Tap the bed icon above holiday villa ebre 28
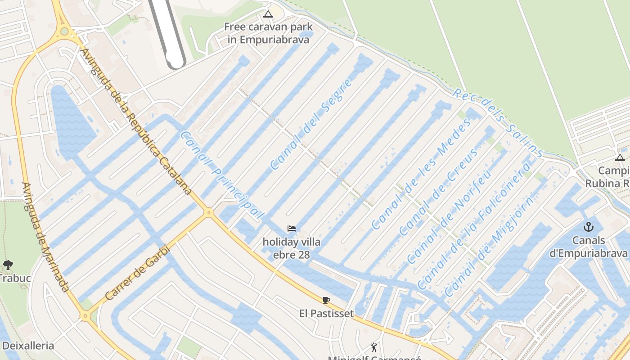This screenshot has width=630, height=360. tap(292, 229)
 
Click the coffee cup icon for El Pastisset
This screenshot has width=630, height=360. tap(326, 300)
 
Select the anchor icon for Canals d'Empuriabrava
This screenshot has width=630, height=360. tap(589, 227)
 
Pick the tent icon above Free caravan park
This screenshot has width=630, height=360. tap(268, 14)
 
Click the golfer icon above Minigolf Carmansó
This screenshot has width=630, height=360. tap(374, 347)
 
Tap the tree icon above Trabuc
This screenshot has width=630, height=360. tap(8, 265)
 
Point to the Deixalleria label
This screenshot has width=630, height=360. tap(28, 346)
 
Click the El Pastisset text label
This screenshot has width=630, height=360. tap(326, 314)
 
